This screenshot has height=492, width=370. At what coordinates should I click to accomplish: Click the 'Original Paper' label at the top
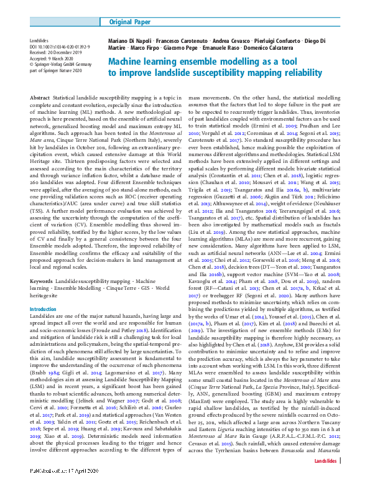132,22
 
